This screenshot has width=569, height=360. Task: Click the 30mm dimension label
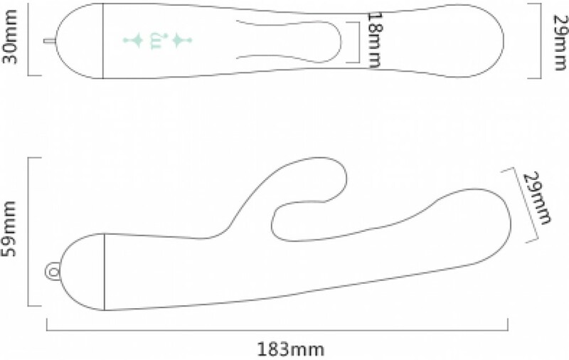(x=10, y=37)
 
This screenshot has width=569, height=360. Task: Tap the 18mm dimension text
(x=375, y=40)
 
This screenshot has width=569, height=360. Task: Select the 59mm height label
(x=9, y=228)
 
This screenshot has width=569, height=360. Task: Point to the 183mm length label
(x=290, y=350)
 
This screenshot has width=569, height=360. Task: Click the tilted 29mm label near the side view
(x=537, y=198)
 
